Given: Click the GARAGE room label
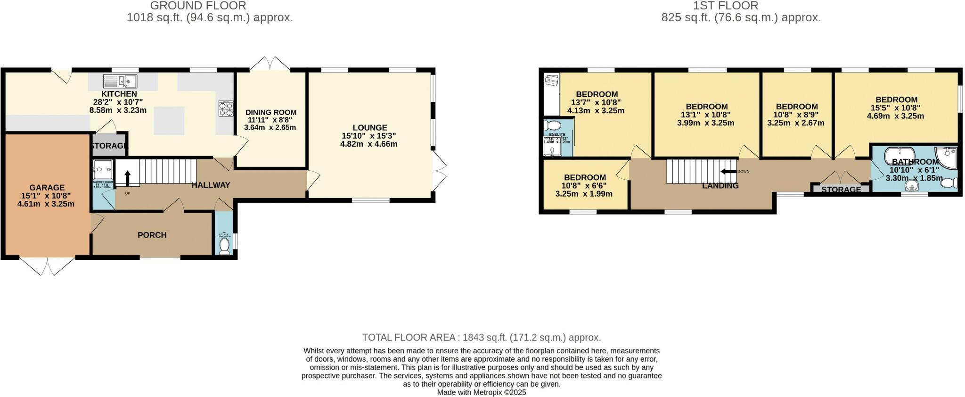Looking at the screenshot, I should pyautogui.click(x=47, y=188).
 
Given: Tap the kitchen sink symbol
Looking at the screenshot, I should pyautogui.click(x=121, y=82).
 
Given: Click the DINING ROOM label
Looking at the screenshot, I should pyautogui.click(x=271, y=112).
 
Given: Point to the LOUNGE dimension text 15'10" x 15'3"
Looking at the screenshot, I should pyautogui.click(x=369, y=136).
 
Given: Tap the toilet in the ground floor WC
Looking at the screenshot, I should pyautogui.click(x=225, y=246).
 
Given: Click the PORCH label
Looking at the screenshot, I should pyautogui.click(x=152, y=235).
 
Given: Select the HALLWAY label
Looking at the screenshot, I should pyautogui.click(x=211, y=185).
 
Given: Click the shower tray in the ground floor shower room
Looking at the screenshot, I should pyautogui.click(x=103, y=169).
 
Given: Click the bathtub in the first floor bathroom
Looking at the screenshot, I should pyautogui.click(x=900, y=155).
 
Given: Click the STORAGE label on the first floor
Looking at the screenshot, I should pyautogui.click(x=841, y=190).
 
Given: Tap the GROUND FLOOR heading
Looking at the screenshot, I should pyautogui.click(x=198, y=6).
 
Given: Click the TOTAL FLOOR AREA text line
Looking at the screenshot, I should pyautogui.click(x=482, y=338).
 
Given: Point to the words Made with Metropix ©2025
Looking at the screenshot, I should pyautogui.click(x=482, y=392).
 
